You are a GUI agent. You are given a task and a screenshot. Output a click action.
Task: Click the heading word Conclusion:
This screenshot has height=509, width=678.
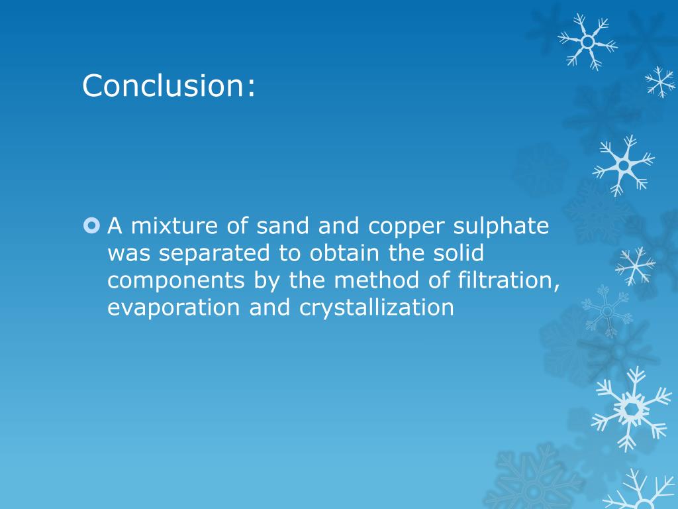(x=169, y=85)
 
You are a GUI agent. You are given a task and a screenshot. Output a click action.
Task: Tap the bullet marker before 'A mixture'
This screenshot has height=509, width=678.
(x=91, y=227)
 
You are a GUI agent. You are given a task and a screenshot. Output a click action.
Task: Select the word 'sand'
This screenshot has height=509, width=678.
(x=273, y=227)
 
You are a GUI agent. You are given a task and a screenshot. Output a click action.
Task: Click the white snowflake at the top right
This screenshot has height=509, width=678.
(x=587, y=41)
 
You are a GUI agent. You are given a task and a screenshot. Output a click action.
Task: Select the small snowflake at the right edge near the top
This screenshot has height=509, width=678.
(x=660, y=81)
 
